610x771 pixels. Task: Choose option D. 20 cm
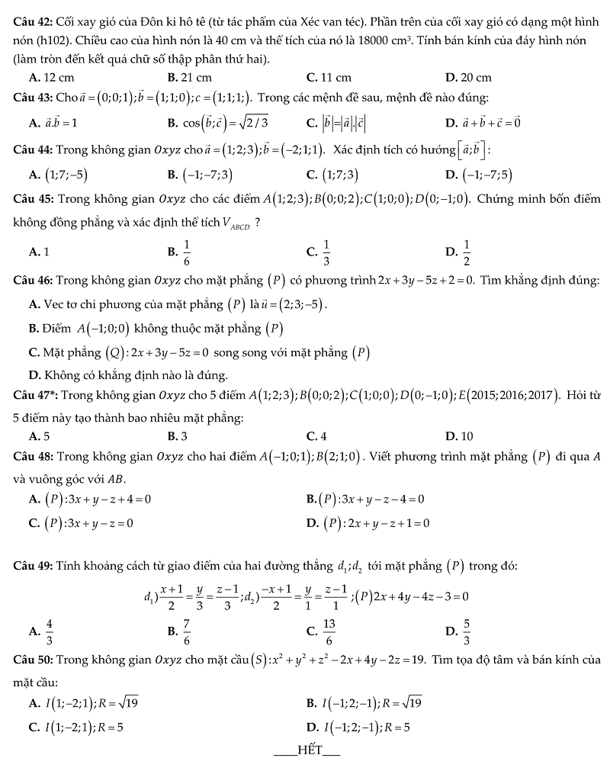pos(468,77)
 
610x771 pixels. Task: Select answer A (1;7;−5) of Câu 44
pos(58,175)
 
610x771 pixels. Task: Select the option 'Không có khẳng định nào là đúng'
pos(128,375)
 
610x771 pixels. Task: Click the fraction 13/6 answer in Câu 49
pos(329,631)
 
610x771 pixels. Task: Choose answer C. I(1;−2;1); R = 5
pos(76,727)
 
